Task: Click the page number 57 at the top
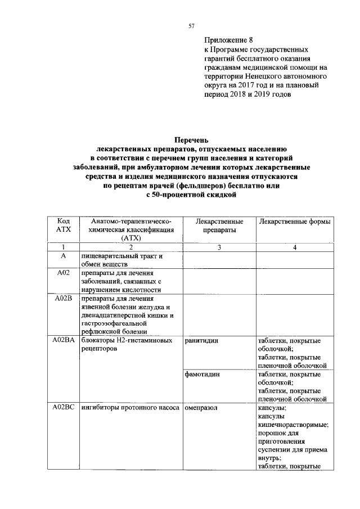191,26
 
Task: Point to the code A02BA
63,340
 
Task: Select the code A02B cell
63,299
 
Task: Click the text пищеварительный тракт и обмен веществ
121,260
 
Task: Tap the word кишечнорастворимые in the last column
292,426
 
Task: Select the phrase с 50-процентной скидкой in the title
191,195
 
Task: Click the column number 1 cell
63,247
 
